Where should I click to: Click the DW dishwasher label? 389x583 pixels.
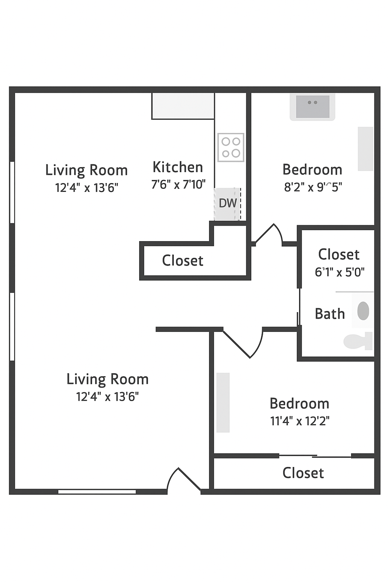click(228, 203)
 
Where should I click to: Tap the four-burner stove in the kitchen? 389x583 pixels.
click(231, 147)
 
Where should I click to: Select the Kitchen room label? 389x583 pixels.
click(178, 167)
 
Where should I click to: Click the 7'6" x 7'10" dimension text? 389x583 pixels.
click(178, 184)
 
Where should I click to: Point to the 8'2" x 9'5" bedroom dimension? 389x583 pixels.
click(313, 187)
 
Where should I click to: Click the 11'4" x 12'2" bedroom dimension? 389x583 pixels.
click(300, 421)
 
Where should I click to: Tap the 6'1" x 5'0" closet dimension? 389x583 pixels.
click(339, 272)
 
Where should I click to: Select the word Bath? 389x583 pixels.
click(330, 314)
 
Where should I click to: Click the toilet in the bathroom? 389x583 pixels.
click(358, 341)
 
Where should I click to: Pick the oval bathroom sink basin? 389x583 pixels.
click(363, 311)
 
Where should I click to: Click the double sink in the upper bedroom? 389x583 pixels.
click(312, 107)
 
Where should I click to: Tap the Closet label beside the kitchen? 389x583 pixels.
click(183, 261)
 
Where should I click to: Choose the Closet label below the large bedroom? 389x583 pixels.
click(303, 473)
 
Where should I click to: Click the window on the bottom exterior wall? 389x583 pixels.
click(97, 492)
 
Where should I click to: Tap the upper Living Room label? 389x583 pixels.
click(86, 170)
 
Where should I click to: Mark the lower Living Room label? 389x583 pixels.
click(108, 379)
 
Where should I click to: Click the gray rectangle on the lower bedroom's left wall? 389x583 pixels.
click(223, 402)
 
